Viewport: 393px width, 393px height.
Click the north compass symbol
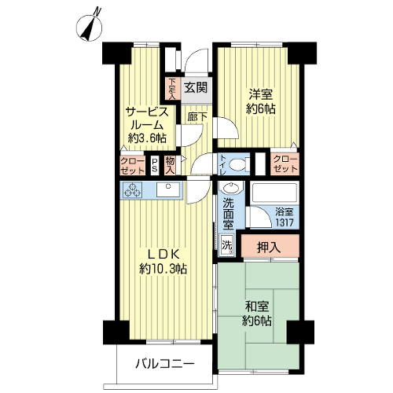(89, 27)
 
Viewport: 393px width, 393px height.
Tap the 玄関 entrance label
(196, 87)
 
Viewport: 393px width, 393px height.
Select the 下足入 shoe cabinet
(172, 89)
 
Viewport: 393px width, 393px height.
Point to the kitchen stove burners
(133, 189)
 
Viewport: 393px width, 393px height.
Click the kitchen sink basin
(168, 189)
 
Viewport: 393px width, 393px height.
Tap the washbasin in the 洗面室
(231, 188)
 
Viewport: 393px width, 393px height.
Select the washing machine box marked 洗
(226, 245)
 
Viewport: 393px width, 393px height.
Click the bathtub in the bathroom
(274, 193)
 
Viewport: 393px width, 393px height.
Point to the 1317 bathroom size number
(285, 222)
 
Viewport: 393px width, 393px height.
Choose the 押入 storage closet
(270, 246)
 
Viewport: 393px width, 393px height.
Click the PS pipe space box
(155, 165)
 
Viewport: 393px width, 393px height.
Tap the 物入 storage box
(170, 165)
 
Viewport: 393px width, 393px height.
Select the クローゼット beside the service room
(133, 165)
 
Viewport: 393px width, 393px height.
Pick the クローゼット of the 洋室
(285, 163)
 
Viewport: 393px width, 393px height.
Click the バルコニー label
(165, 364)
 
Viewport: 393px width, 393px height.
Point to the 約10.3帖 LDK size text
(163, 268)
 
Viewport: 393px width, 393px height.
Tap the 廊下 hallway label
(197, 117)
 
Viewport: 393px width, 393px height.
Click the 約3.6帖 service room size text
(147, 138)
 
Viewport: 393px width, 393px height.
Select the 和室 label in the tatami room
(256, 307)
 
